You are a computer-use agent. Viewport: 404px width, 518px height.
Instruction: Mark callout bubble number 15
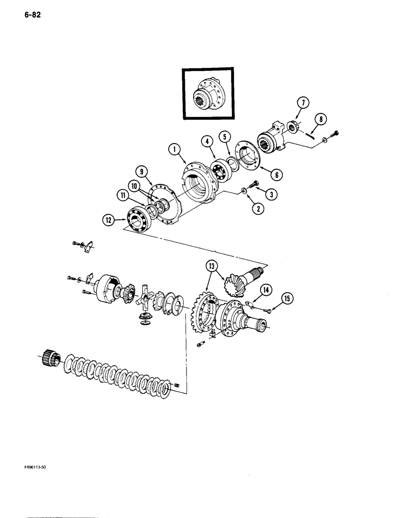pyautogui.click(x=286, y=297)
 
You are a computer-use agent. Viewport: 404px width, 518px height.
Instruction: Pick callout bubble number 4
pyautogui.click(x=207, y=141)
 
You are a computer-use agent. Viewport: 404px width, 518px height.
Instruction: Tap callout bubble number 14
pyautogui.click(x=265, y=290)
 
